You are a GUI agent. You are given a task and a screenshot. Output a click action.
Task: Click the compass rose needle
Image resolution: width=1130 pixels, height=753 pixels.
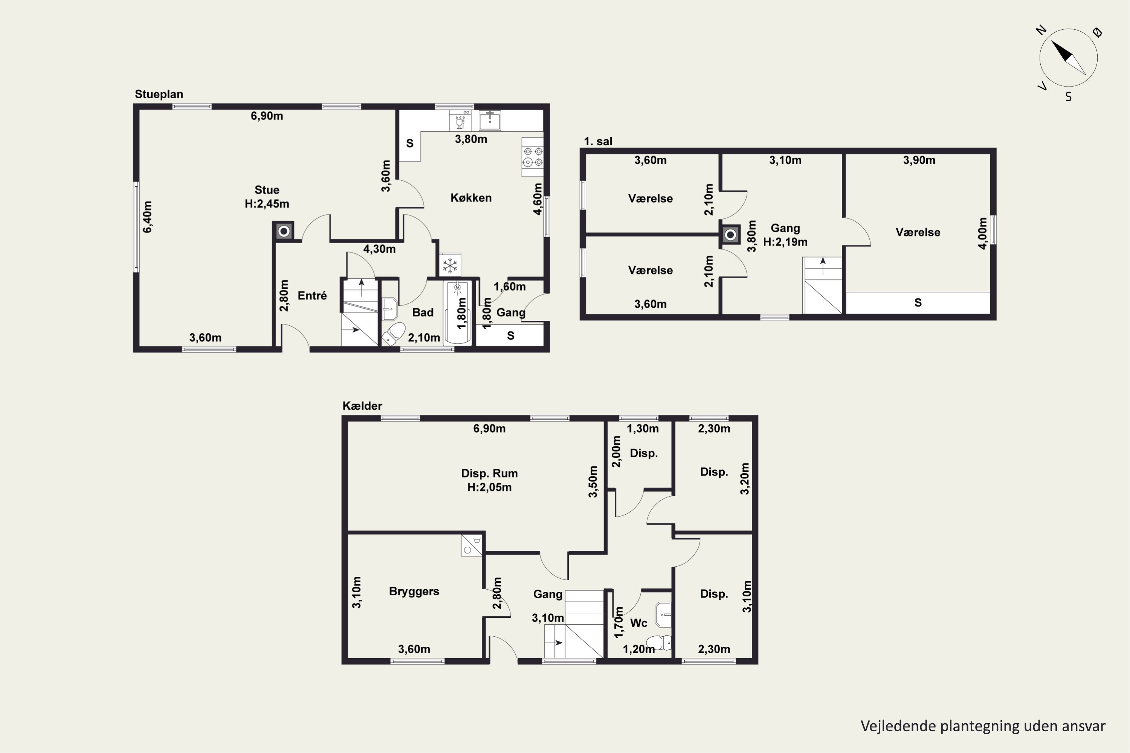pyautogui.click(x=1069, y=58)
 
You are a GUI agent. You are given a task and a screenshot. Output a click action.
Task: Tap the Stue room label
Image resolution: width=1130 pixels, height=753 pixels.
pyautogui.click(x=267, y=190)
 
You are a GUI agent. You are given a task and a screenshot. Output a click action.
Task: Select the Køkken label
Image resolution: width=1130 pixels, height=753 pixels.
pyautogui.click(x=471, y=198)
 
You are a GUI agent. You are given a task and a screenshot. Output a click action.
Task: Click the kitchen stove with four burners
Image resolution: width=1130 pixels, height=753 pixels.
pyautogui.click(x=533, y=157)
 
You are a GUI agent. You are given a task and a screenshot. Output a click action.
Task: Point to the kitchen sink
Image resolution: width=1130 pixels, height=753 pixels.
pyautogui.click(x=490, y=120)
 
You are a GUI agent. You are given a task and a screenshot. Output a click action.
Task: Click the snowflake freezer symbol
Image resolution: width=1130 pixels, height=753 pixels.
pyautogui.click(x=450, y=265)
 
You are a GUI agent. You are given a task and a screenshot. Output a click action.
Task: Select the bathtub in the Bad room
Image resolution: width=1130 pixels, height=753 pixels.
pyautogui.click(x=457, y=312)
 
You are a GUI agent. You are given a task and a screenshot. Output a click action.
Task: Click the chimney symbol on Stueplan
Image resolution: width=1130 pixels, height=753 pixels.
pyautogui.click(x=284, y=231)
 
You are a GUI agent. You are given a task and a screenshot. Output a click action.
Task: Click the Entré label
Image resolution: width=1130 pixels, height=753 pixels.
pyautogui.click(x=312, y=295)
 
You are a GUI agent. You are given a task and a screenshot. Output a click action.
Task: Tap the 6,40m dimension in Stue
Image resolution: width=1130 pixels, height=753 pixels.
pyautogui.click(x=148, y=217)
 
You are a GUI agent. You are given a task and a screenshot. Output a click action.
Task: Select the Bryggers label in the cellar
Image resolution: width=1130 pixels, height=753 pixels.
pyautogui.click(x=414, y=591)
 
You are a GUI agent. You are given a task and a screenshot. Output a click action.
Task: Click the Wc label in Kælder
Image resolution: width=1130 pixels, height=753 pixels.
pyautogui.click(x=638, y=623)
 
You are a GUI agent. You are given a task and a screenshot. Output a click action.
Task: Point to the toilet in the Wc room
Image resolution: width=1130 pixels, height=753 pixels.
pyautogui.click(x=658, y=642)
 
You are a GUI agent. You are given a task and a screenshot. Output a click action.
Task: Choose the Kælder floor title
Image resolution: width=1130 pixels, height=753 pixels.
pyautogui.click(x=362, y=406)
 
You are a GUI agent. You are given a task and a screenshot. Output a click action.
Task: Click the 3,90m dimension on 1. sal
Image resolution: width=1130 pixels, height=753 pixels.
pyautogui.click(x=919, y=160)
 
